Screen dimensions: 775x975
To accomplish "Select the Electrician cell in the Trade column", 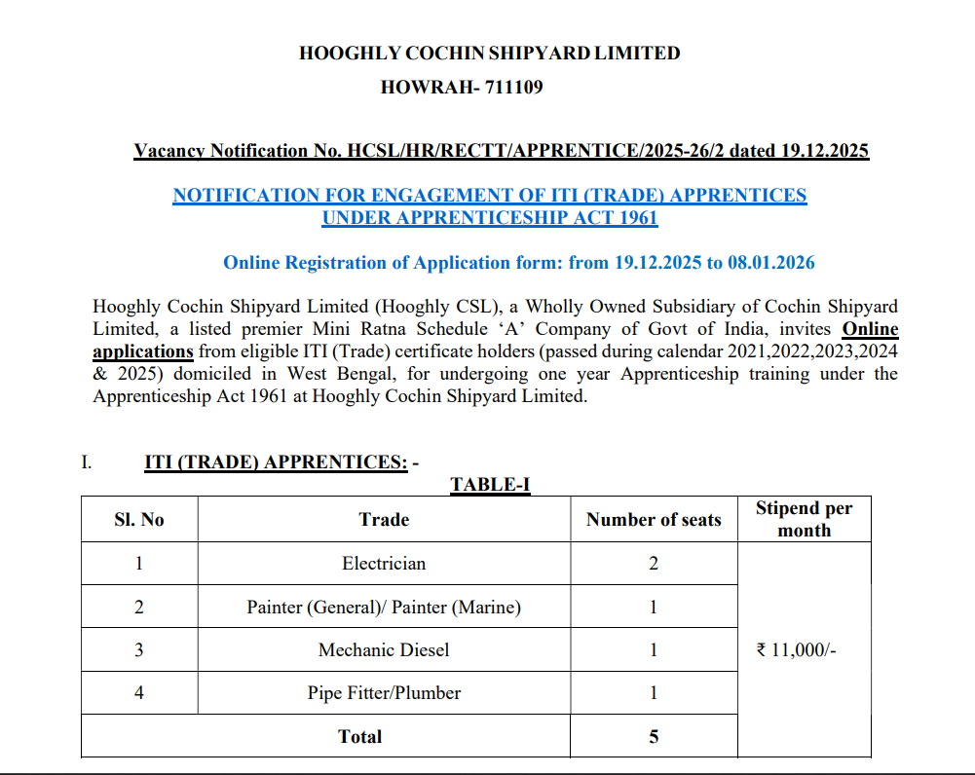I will click(x=384, y=564).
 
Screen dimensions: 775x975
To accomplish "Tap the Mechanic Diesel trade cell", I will click(x=384, y=649).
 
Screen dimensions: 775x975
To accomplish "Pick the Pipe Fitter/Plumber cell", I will click(x=384, y=693).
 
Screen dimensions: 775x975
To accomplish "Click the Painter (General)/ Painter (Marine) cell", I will click(x=384, y=607).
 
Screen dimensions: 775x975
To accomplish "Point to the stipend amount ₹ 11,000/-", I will click(x=796, y=649).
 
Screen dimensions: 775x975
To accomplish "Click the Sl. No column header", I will click(x=139, y=520).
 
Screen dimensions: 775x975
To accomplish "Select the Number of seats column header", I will click(x=654, y=520).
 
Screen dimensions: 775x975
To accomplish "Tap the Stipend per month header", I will click(x=804, y=520).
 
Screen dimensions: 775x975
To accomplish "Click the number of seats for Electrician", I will click(x=654, y=564).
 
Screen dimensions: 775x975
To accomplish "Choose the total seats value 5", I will click(x=654, y=736).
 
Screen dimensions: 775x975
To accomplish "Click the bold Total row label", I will click(x=359, y=736).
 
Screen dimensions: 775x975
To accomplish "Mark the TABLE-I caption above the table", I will click(x=490, y=484).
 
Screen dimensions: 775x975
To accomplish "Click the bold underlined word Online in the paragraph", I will click(x=870, y=329).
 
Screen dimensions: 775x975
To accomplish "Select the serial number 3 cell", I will click(x=139, y=649).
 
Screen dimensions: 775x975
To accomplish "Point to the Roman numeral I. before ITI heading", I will click(x=87, y=461).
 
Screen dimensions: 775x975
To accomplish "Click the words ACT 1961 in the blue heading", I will click(x=619, y=218).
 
